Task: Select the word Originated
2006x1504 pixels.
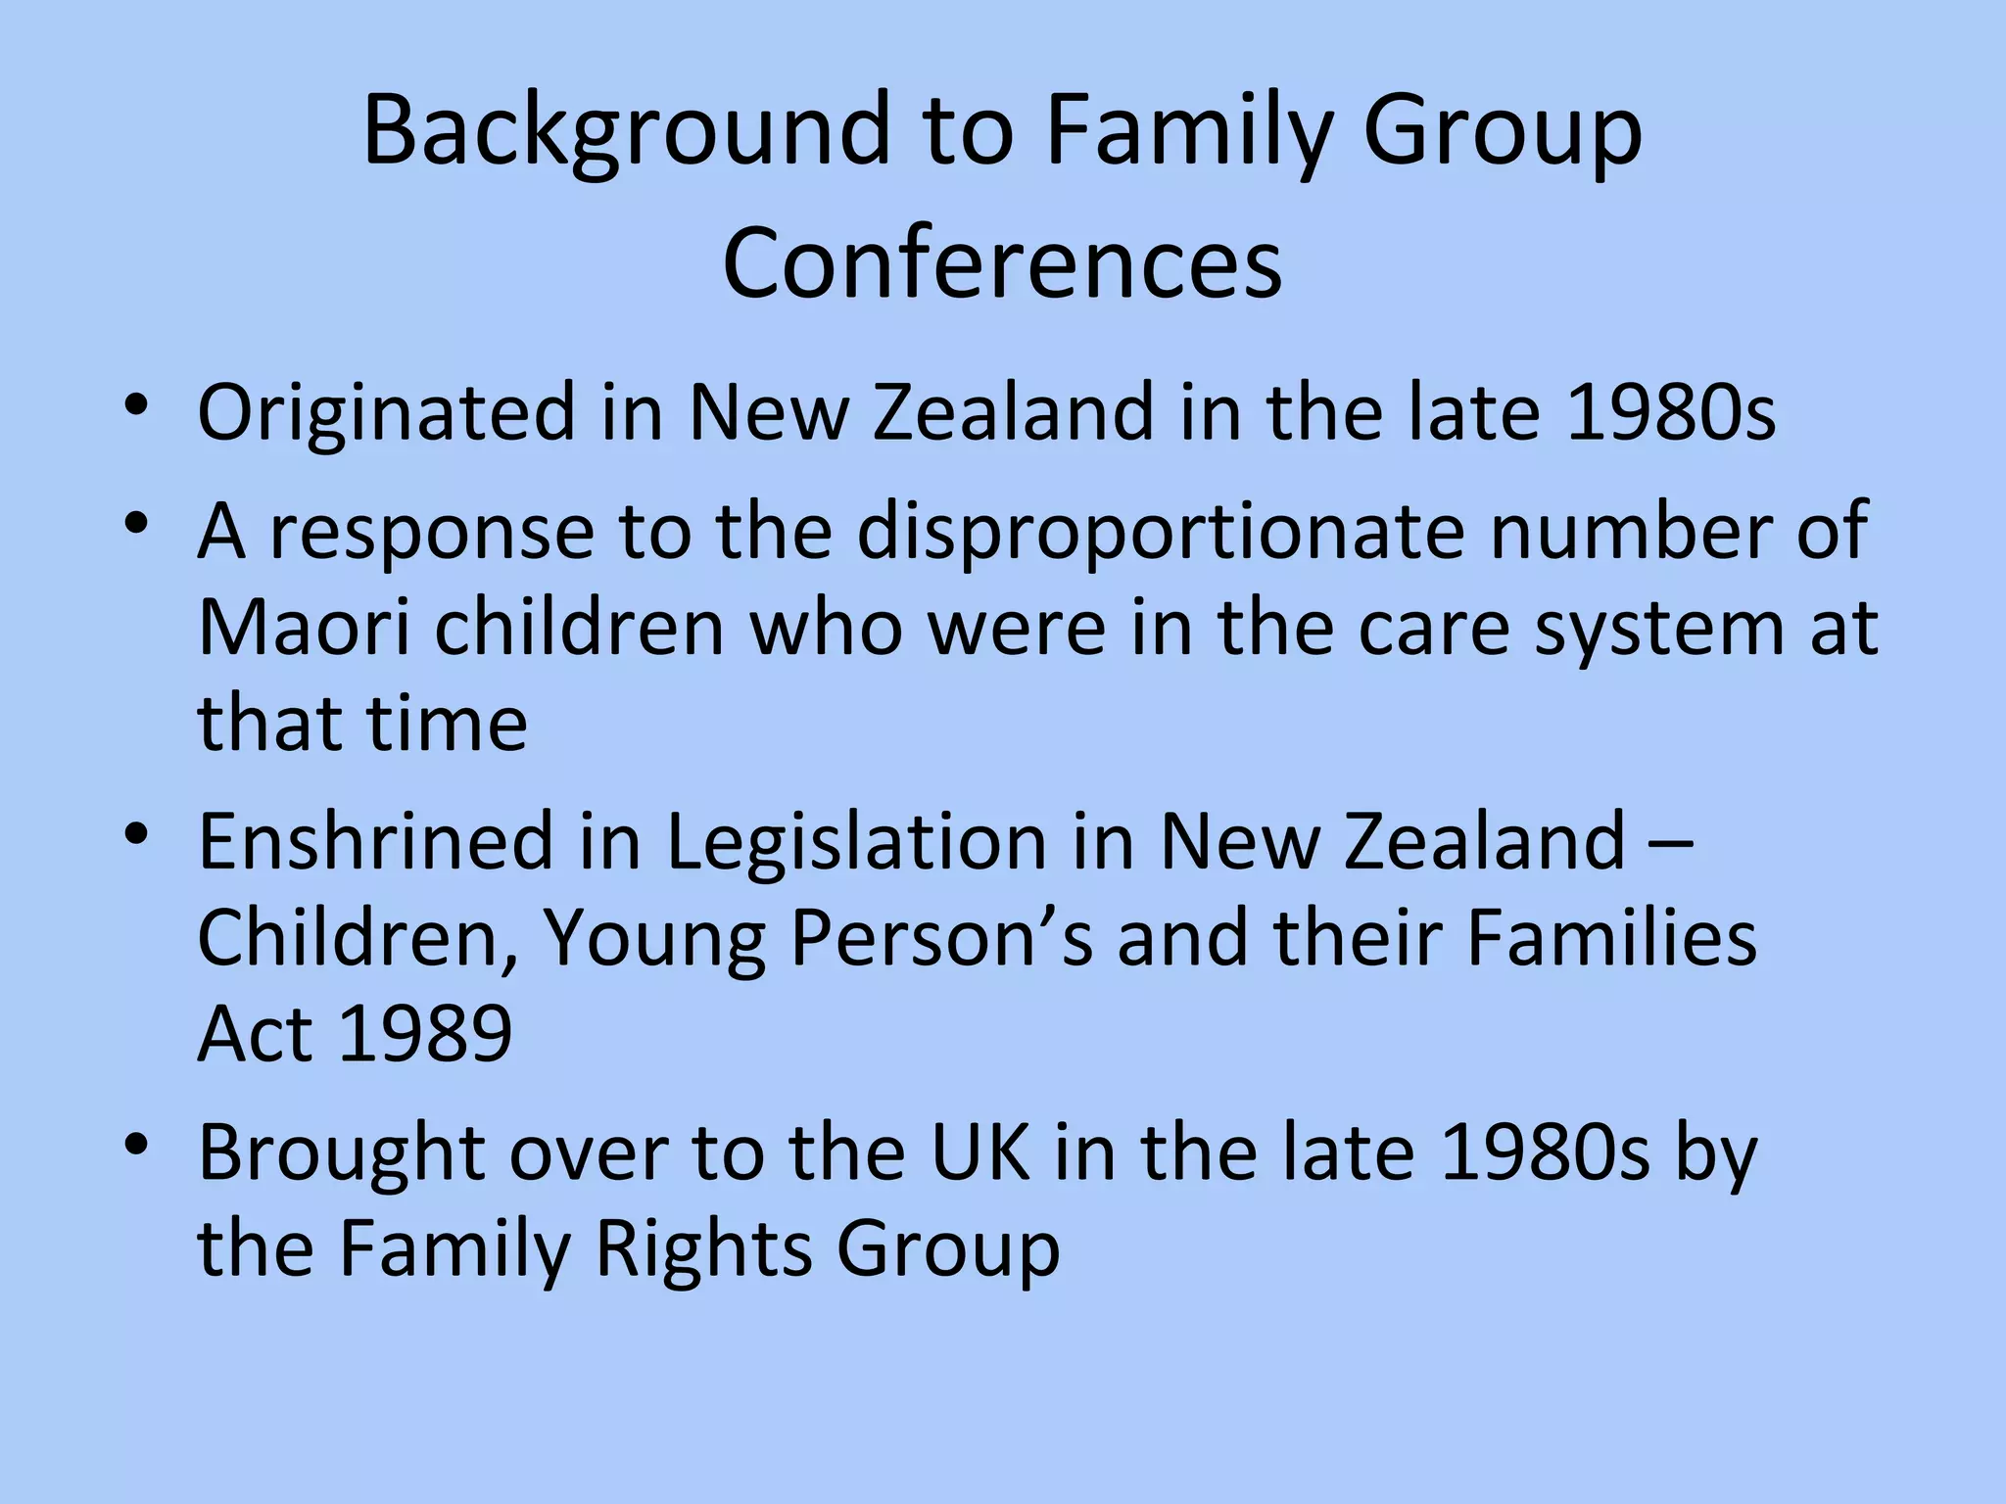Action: (386, 412)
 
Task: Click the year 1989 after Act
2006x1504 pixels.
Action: (425, 1033)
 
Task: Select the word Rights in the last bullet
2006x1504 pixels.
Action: (703, 1248)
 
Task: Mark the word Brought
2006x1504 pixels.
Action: (342, 1152)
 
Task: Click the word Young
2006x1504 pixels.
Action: (653, 939)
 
